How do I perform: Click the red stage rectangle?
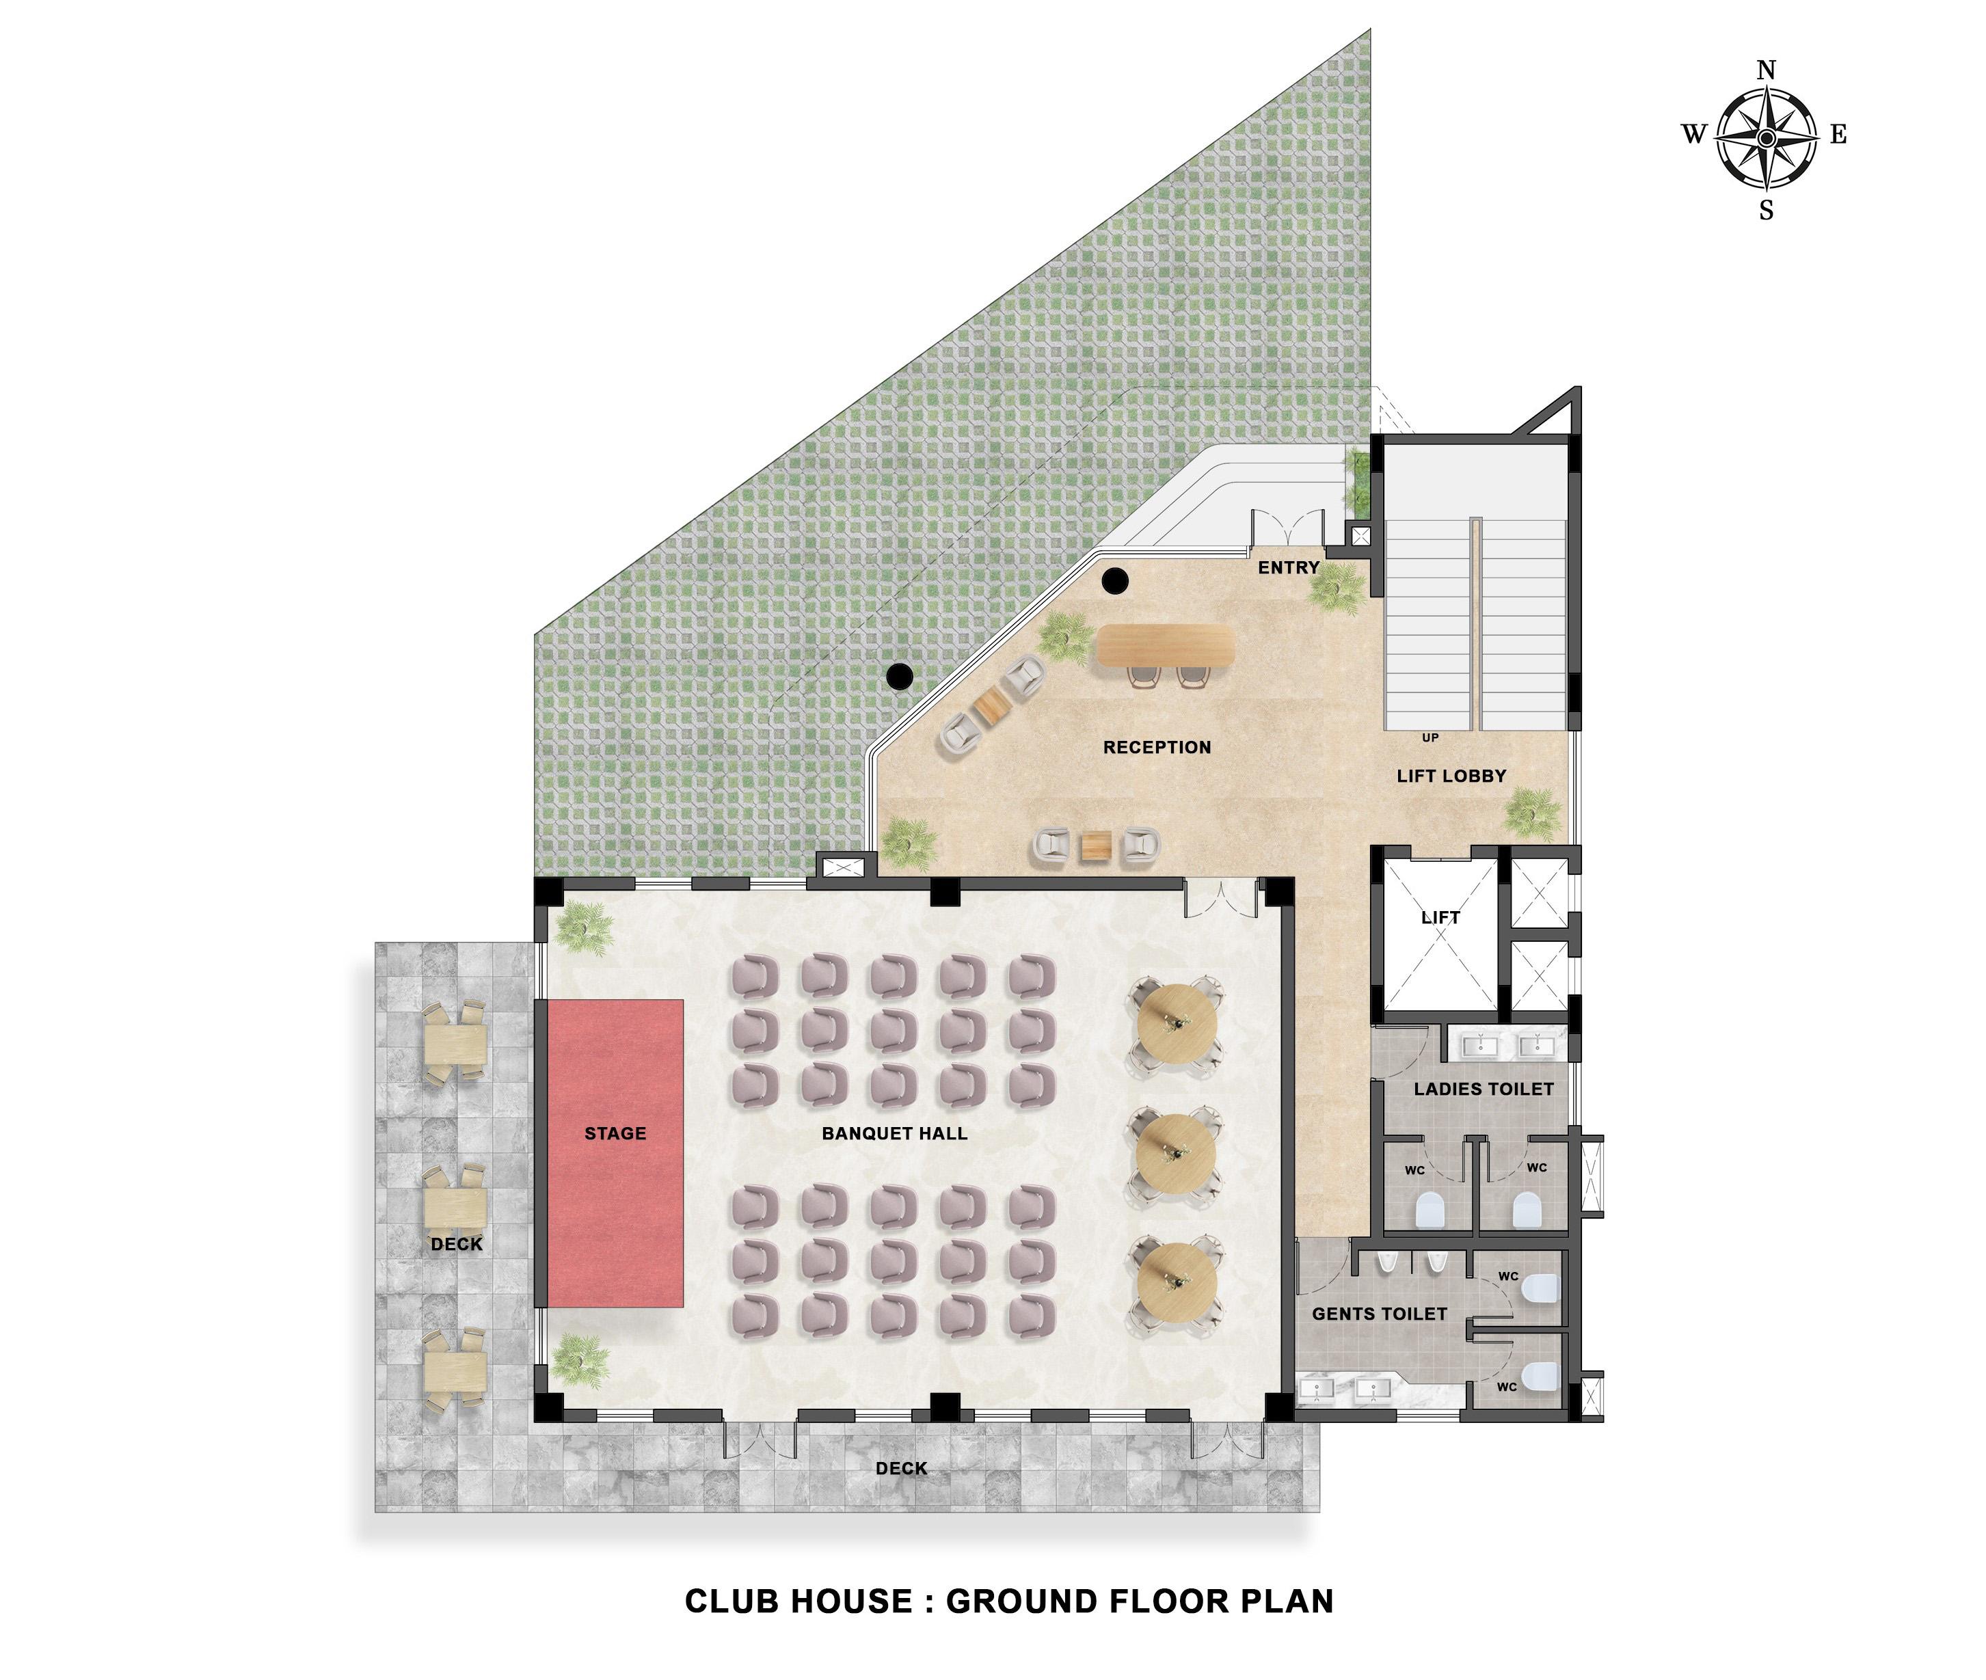tap(615, 1152)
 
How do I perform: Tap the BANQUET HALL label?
tap(894, 1133)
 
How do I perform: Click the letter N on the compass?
tap(1766, 70)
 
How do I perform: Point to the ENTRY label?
tap(1289, 567)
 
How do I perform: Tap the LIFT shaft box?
tap(1440, 934)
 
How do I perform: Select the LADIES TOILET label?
tap(1483, 1089)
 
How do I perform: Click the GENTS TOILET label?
tap(1379, 1314)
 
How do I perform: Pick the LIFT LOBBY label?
tap(1451, 776)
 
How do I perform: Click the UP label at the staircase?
tap(1430, 738)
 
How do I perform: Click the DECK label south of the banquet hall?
tap(901, 1469)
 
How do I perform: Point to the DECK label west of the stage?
tap(456, 1245)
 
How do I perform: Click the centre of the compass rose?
tap(1766, 138)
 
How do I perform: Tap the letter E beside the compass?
tap(1838, 135)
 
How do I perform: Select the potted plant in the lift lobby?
tap(1533, 813)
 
